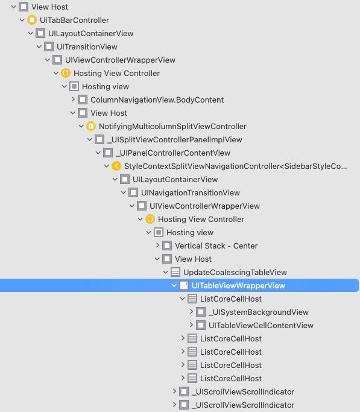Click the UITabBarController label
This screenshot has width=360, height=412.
74,21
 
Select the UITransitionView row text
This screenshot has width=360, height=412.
87,47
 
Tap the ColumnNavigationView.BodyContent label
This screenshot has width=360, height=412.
157,100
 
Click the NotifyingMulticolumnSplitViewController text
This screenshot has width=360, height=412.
172,127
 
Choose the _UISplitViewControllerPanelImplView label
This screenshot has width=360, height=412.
175,139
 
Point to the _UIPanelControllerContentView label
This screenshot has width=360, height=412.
173,153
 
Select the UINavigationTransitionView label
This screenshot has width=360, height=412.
191,193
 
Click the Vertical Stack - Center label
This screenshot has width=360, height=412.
216,246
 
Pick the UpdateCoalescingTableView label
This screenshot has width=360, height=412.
235,273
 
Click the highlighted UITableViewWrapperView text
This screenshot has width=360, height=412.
238,285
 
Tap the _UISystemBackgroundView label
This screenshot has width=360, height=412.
258,312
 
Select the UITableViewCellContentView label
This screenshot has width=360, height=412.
261,326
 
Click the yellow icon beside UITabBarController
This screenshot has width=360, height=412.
32,21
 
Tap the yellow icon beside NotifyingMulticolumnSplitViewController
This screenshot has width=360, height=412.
91,127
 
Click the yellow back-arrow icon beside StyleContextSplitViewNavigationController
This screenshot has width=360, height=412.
116,166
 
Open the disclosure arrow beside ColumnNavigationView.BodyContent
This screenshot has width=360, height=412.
73,100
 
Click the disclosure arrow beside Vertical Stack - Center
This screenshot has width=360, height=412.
157,246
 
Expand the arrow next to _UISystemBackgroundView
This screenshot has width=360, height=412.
191,312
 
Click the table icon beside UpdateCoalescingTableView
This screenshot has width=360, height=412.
175,272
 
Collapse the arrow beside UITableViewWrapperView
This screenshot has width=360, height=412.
174,285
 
